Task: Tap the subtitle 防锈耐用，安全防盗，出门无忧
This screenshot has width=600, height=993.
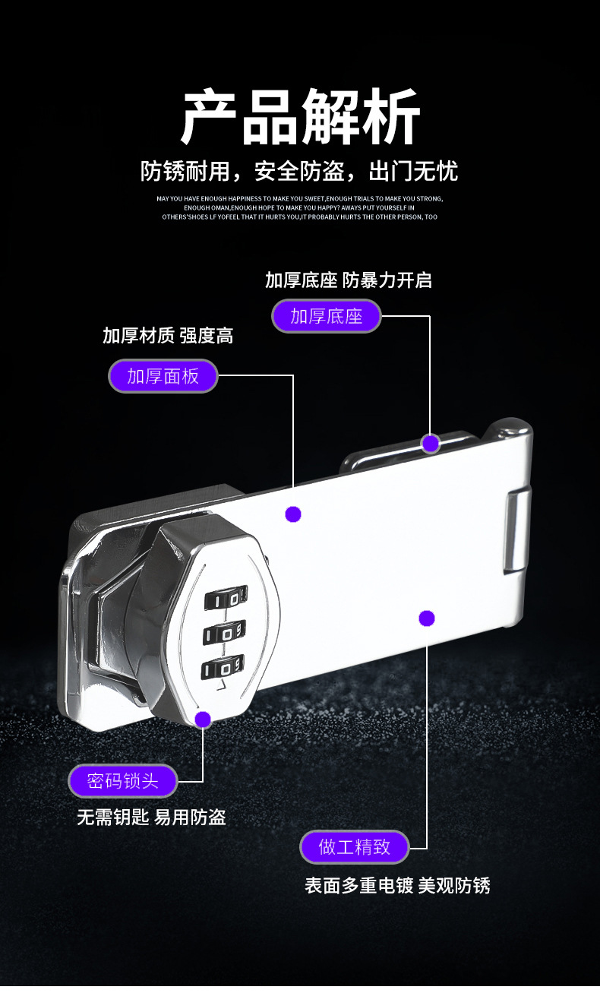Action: coord(300,171)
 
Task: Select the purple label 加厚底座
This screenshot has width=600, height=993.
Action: coord(327,316)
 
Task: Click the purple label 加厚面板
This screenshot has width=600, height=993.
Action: coord(163,376)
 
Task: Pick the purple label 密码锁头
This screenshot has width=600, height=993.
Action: coord(123,781)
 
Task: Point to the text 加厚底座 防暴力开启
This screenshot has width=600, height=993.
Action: coord(349,280)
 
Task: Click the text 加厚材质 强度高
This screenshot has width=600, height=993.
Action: coord(168,335)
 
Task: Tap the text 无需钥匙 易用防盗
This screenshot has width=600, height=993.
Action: coord(151,817)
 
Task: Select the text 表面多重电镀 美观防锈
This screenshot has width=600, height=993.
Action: coord(397,885)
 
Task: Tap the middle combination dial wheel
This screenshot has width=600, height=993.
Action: coord(225,632)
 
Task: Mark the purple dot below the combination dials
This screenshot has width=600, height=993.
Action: coord(203,719)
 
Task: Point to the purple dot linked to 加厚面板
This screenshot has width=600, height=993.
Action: coord(293,514)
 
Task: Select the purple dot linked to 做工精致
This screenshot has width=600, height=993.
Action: coord(427,618)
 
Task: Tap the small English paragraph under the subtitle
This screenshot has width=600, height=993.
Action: coord(300,207)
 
